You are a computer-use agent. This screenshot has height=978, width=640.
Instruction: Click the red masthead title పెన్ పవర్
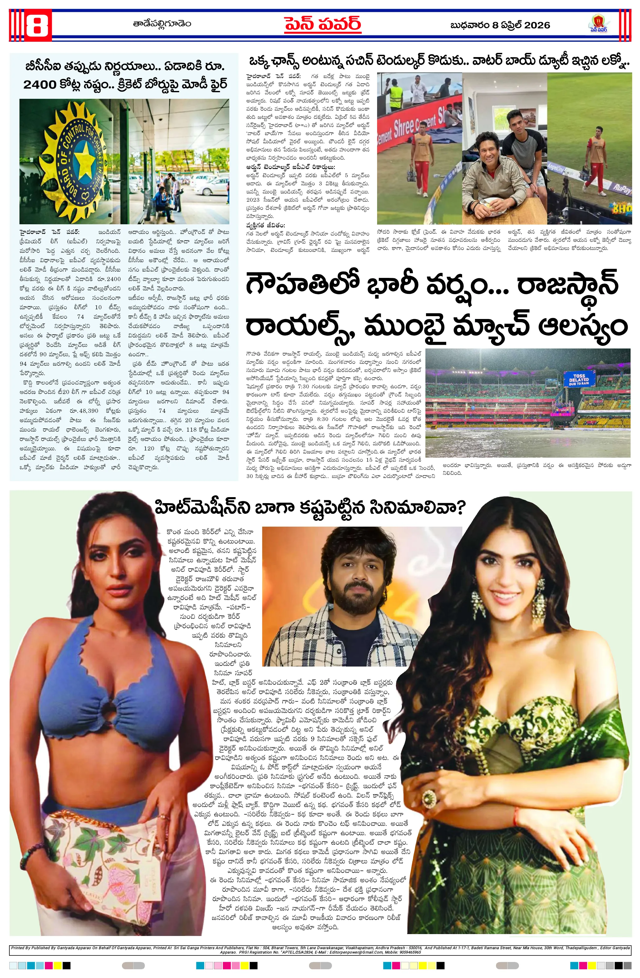[323, 25]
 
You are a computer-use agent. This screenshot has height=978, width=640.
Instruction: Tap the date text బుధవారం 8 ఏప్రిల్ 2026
[500, 25]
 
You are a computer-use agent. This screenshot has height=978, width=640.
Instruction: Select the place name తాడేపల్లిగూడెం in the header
[162, 24]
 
